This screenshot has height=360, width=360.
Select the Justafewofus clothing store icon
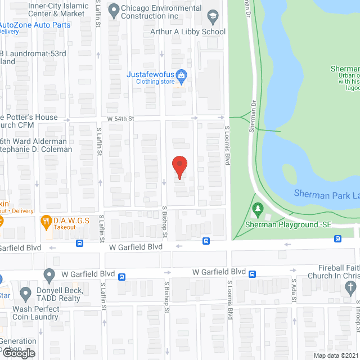coord(181,75)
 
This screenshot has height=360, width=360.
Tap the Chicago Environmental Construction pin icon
coord(113,9)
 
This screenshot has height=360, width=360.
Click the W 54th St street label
coord(121,118)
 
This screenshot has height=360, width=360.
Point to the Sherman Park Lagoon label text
coord(326,194)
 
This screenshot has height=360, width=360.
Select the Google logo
coord(18,353)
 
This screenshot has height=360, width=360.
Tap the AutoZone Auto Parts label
coord(35,25)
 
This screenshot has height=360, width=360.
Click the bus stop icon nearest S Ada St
coord(253,274)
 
